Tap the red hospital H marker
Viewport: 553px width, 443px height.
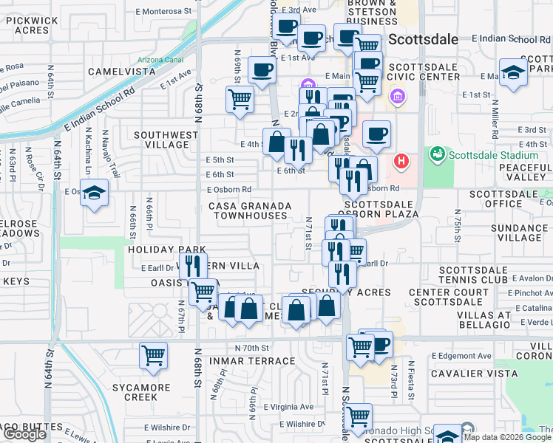click(x=401, y=160)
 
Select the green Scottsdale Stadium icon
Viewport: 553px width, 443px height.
click(x=436, y=154)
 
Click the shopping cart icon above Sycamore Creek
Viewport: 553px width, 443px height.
click(x=153, y=355)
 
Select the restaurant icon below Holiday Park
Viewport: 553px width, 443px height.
click(x=192, y=264)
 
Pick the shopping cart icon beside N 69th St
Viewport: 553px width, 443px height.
click(x=240, y=98)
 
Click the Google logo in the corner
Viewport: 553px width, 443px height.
click(x=24, y=434)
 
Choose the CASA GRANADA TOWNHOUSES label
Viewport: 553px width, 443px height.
click(x=248, y=210)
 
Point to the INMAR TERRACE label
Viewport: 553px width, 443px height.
click(x=251, y=361)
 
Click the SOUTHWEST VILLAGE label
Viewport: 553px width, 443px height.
click(x=165, y=140)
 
